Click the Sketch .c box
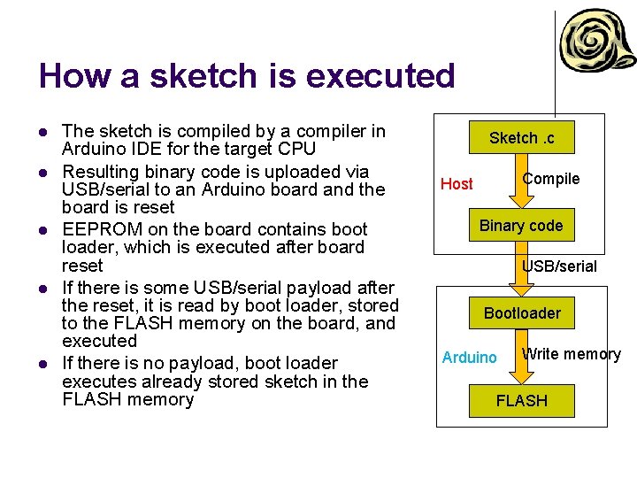(x=521, y=138)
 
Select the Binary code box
(x=521, y=226)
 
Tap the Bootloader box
(x=521, y=313)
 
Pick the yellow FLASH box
(x=521, y=401)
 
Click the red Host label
(x=457, y=184)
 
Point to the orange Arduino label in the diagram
(x=469, y=358)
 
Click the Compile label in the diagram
(x=550, y=179)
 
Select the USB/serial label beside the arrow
(x=559, y=266)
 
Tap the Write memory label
(x=571, y=354)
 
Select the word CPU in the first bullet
(x=297, y=150)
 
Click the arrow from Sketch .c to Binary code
(x=521, y=181)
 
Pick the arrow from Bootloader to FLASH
(x=521, y=357)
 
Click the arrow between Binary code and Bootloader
(x=521, y=269)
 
